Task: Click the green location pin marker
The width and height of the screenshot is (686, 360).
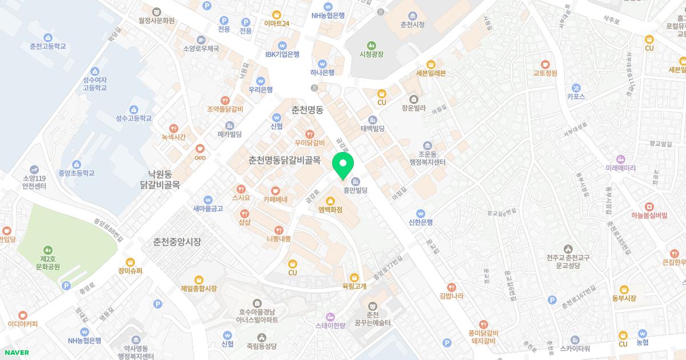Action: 343,165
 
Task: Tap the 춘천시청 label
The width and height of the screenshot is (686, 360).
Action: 412,25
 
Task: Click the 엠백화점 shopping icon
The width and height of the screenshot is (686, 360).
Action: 330,200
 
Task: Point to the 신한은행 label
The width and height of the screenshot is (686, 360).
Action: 421,222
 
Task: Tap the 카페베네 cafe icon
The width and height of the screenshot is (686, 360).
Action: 276,190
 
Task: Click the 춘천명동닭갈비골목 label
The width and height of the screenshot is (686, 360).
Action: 284,161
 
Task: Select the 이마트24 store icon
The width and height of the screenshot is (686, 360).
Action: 277,14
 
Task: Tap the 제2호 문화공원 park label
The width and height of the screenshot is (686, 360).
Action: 48,262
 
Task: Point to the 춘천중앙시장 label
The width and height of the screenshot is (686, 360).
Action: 177,242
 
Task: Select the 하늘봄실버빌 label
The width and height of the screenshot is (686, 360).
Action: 649,215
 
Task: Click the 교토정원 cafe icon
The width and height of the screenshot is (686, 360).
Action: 545,63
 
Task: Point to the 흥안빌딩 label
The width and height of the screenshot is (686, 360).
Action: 355,190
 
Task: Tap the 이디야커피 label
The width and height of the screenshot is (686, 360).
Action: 23,324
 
